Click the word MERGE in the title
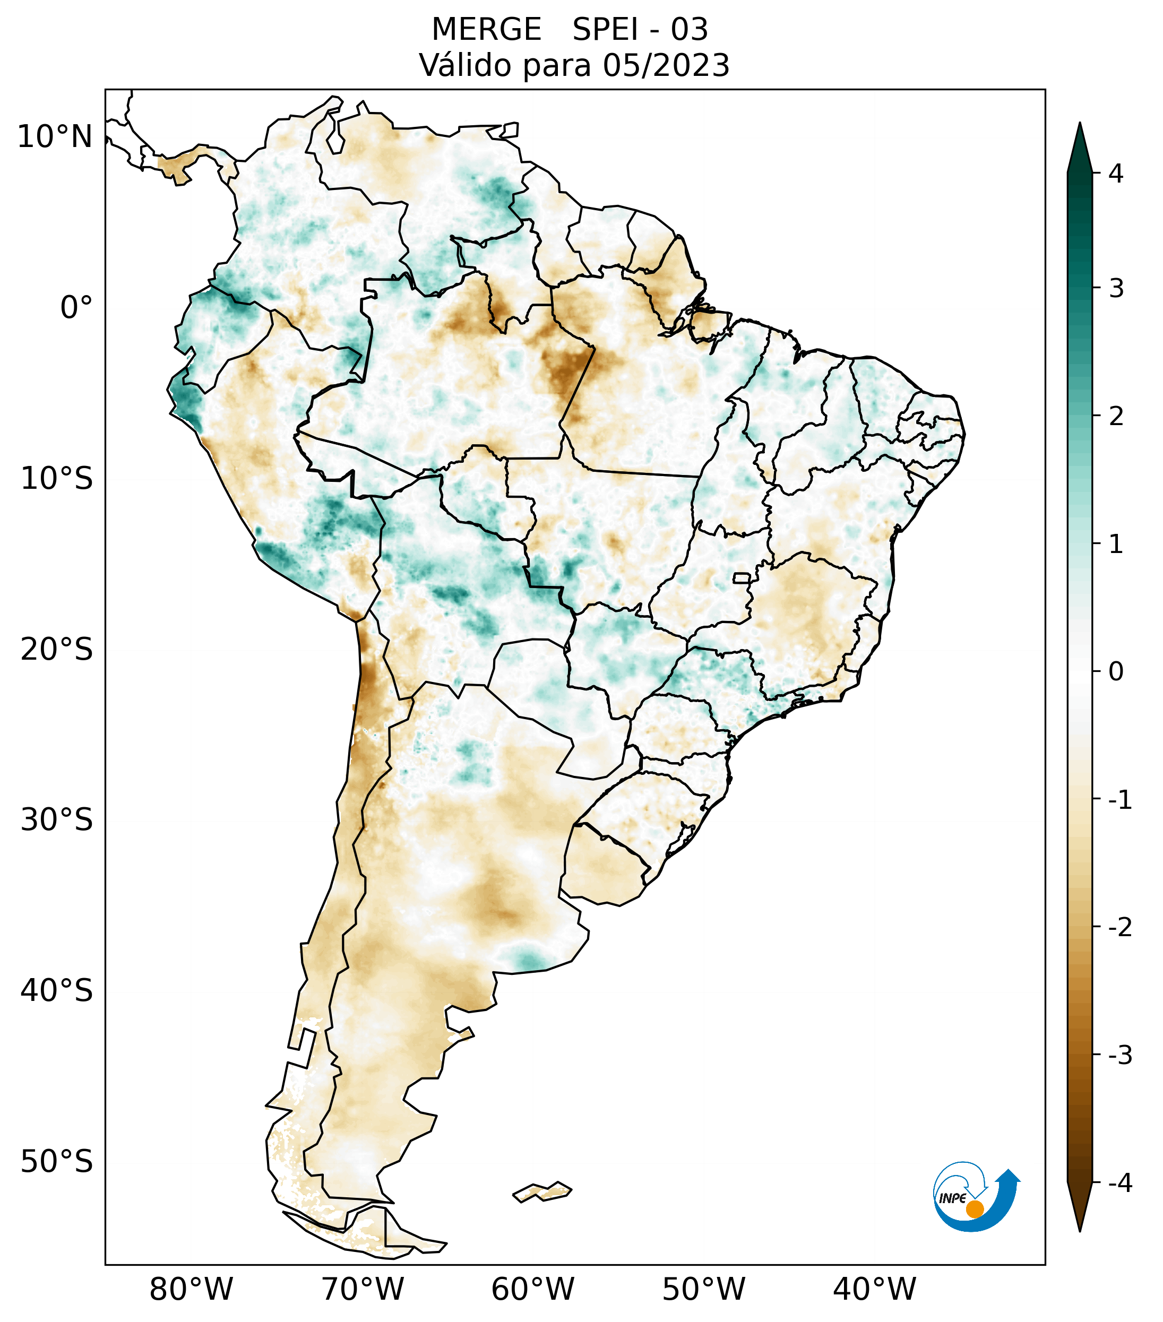click(486, 30)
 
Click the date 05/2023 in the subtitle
click(666, 65)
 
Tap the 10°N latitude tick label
click(55, 137)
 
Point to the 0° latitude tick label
click(76, 308)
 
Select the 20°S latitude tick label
click(57, 650)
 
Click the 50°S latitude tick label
click(57, 1162)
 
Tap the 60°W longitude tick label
click(532, 1290)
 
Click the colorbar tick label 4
click(1116, 174)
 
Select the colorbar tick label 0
click(1116, 672)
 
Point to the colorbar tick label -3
click(1119, 1056)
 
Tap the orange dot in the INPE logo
click(975, 1209)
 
